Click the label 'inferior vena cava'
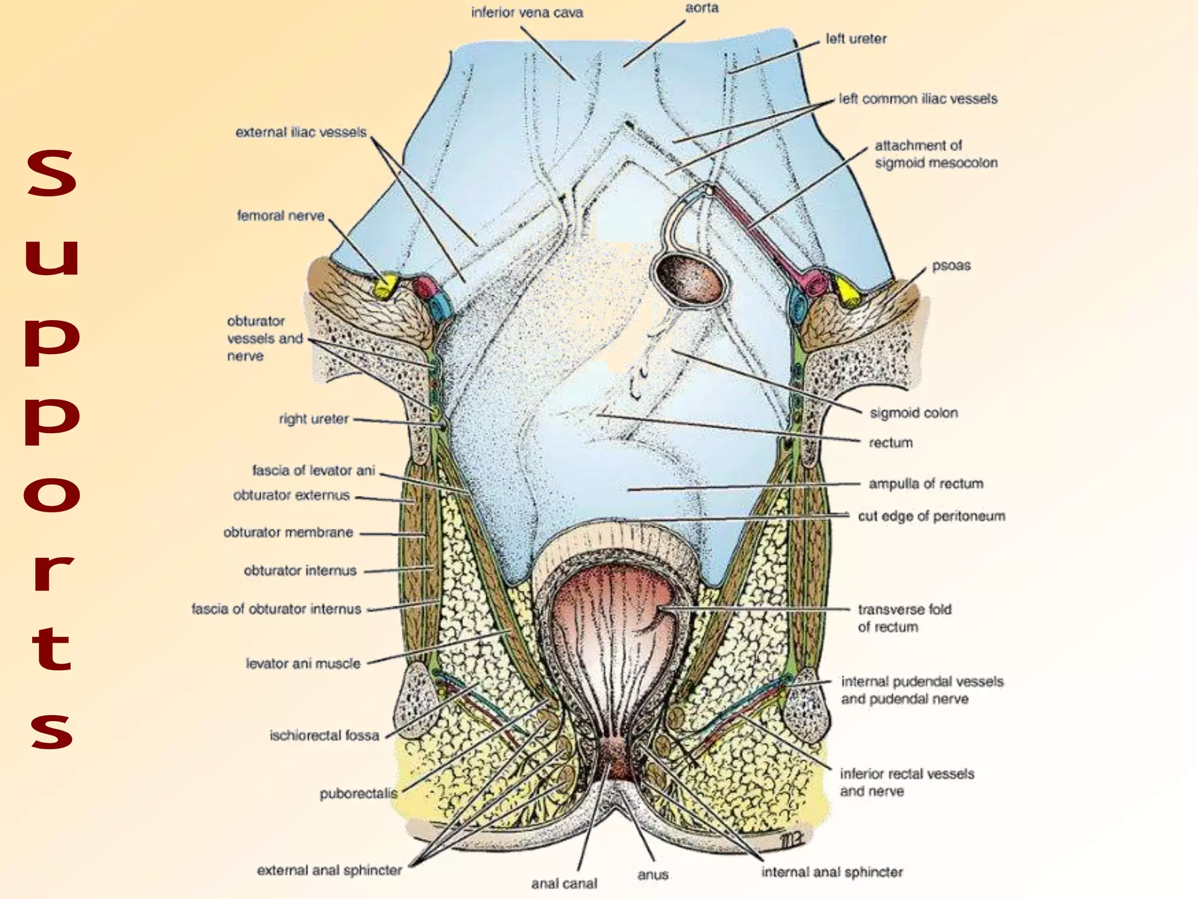click(x=527, y=13)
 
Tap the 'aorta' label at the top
click(x=701, y=8)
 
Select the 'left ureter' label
click(x=855, y=39)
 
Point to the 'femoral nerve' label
click(x=280, y=216)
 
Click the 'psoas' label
click(x=951, y=266)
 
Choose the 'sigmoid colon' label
click(x=913, y=413)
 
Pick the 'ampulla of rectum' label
click(x=925, y=484)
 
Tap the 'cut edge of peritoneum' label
click(x=931, y=516)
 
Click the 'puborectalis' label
click(x=358, y=794)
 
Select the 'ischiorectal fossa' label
click(x=324, y=736)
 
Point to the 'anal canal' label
click(x=564, y=883)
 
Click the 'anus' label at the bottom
click(x=653, y=874)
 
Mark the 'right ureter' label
click(x=314, y=419)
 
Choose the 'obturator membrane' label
click(x=288, y=533)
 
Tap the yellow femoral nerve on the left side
click(x=385, y=286)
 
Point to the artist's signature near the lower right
click(x=792, y=841)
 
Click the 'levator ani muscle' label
click(x=302, y=664)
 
